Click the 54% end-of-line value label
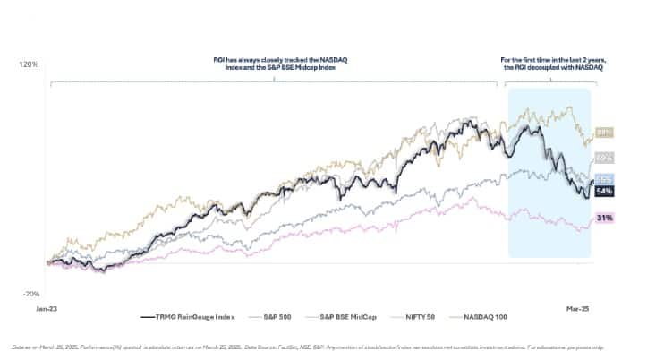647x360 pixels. pyautogui.click(x=603, y=191)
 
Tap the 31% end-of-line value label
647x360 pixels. pyautogui.click(x=603, y=218)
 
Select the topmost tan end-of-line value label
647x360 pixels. pyautogui.click(x=603, y=133)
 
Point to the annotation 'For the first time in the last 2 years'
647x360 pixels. pyautogui.click(x=549, y=63)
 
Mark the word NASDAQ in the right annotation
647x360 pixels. pyautogui.click(x=581, y=68)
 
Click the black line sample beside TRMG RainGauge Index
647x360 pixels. pyautogui.click(x=149, y=316)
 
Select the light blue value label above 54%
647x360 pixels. pyautogui.click(x=603, y=179)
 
